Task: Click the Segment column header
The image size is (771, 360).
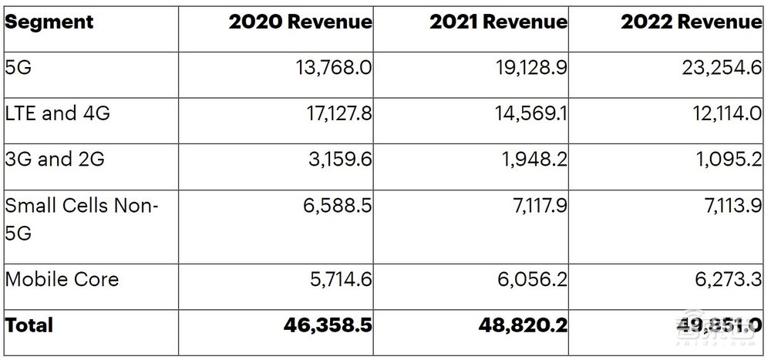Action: click(x=49, y=22)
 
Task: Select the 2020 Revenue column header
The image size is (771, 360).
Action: click(x=300, y=22)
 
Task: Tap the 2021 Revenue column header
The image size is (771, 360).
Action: click(x=498, y=22)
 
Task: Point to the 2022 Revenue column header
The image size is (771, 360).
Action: click(x=692, y=22)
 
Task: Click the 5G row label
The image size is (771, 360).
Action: click(x=19, y=68)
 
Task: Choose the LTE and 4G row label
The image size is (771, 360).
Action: click(x=57, y=114)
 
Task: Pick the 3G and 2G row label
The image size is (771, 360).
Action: click(x=54, y=160)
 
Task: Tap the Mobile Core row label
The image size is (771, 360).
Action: click(x=62, y=278)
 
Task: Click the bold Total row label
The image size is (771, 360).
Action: click(x=29, y=325)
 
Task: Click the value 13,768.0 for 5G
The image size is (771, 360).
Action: click(x=332, y=68)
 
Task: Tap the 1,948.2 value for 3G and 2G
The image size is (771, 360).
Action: click(x=534, y=160)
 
